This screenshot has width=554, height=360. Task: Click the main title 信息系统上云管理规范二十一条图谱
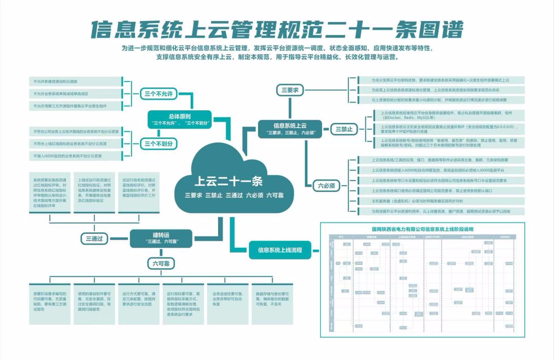277,30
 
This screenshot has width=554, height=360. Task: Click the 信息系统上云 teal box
290,129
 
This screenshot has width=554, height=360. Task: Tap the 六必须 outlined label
326,186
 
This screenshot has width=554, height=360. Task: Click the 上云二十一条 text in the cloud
228,181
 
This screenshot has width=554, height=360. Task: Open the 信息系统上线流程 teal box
276,251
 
